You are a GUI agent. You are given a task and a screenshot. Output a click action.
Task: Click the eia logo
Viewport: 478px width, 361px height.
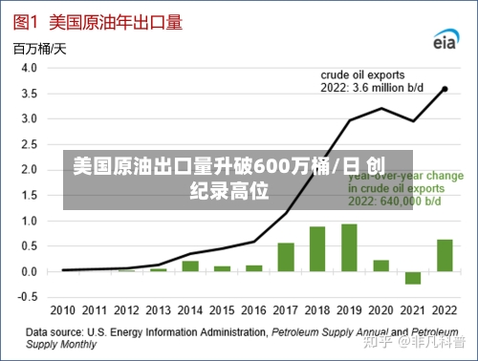pyautogui.click(x=445, y=40)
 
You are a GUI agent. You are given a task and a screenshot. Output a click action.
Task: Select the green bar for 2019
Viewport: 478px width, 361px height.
pyautogui.click(x=349, y=247)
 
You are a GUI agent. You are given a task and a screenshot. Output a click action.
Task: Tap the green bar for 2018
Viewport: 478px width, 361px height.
pyautogui.click(x=317, y=249)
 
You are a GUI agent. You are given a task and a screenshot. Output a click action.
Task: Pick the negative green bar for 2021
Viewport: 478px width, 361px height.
pyautogui.click(x=413, y=278)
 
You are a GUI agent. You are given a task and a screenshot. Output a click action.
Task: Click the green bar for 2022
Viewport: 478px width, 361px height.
pyautogui.click(x=445, y=255)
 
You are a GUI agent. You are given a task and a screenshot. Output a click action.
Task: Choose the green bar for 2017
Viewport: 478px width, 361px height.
pyautogui.click(x=286, y=257)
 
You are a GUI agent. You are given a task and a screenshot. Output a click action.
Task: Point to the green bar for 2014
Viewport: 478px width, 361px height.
pyautogui.click(x=190, y=265)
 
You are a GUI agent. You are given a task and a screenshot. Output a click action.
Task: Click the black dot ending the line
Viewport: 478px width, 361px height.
pyautogui.click(x=445, y=89)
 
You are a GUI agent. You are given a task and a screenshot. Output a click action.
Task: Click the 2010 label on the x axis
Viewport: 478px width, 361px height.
pyautogui.click(x=63, y=311)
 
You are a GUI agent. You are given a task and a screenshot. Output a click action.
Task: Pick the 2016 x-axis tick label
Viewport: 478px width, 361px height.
pyautogui.click(x=253, y=311)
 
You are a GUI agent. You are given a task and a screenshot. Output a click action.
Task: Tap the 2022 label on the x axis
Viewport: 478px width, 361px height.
pyautogui.click(x=445, y=311)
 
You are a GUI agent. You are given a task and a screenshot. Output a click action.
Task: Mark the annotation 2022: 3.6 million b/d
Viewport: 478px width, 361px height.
pyautogui.click(x=376, y=87)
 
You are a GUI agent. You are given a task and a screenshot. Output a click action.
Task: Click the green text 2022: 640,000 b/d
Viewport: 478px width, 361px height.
pyautogui.click(x=394, y=202)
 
